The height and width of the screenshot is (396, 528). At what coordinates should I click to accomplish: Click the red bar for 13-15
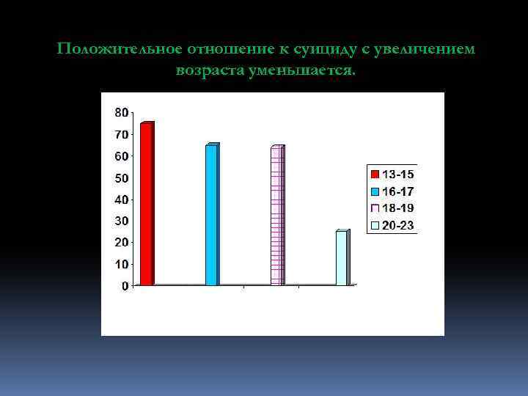146,204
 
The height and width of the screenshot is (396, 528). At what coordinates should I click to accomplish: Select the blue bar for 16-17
211,215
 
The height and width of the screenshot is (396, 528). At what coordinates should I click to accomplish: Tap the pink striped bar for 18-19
276,216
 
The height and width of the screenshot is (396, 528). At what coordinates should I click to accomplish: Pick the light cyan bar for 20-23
341,258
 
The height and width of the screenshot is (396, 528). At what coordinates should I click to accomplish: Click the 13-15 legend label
398,175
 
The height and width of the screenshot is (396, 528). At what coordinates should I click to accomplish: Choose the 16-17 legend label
398,191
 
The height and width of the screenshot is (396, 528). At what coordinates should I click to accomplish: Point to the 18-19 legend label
398,208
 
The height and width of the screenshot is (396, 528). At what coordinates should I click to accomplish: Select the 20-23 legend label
398,225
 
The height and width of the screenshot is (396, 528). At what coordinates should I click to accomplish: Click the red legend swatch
375,175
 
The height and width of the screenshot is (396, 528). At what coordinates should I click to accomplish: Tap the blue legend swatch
375,191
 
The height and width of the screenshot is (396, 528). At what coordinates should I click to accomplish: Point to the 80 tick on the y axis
121,112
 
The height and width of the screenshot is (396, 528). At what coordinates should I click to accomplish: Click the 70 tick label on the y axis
121,134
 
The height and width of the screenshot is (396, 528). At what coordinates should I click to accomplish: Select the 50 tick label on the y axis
121,177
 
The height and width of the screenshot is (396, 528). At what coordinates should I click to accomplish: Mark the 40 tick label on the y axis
121,199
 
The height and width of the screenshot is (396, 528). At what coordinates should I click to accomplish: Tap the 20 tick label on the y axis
121,242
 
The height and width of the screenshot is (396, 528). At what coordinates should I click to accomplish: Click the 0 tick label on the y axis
125,285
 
